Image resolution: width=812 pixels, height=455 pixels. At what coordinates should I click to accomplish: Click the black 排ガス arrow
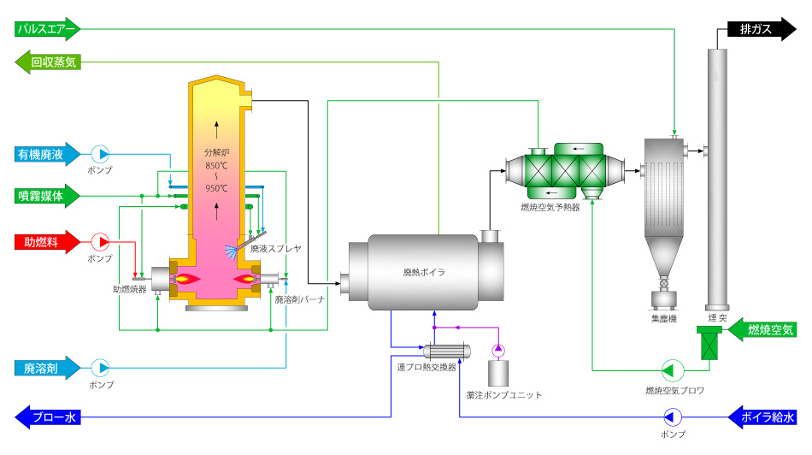point(762,29)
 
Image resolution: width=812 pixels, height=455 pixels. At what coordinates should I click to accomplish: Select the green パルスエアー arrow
point(47,29)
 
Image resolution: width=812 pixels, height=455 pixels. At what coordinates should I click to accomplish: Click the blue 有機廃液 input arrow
point(47,155)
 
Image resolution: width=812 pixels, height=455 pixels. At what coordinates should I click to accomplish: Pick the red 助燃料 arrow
point(47,242)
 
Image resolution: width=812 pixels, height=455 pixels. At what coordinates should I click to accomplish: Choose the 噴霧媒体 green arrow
point(47,196)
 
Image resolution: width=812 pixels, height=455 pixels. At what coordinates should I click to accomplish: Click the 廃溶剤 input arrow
point(47,369)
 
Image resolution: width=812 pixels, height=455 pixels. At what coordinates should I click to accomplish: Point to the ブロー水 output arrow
point(48,417)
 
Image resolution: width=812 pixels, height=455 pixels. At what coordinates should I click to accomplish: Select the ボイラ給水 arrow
point(762,417)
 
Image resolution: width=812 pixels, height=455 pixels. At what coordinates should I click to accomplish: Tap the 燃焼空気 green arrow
point(762,329)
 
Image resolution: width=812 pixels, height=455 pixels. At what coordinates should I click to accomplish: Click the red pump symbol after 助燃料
point(101,242)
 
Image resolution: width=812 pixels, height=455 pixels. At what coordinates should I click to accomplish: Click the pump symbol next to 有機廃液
point(101,155)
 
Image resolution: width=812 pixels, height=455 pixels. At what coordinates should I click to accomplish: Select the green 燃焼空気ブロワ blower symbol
point(673,370)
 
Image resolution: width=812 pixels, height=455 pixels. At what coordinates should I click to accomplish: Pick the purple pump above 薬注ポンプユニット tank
point(498,351)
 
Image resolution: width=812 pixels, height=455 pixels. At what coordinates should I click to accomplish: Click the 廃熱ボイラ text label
point(424,272)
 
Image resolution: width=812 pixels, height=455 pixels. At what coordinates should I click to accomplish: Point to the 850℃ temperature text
point(216,166)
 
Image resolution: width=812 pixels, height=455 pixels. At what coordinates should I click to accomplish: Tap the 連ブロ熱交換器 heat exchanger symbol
point(447,352)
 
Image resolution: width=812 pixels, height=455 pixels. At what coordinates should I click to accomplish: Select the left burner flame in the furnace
point(187,280)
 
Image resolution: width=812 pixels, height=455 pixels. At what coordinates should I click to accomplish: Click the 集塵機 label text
point(664,318)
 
